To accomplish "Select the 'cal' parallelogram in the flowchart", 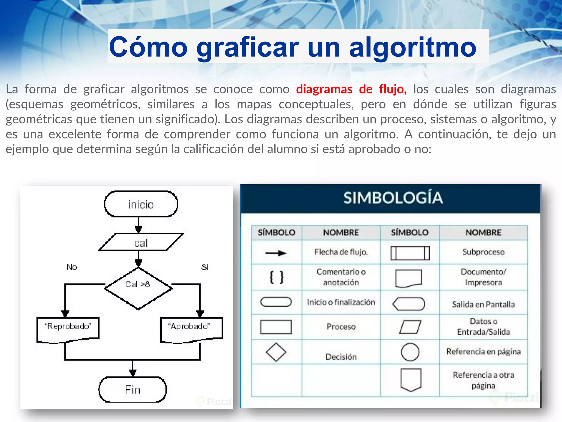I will (x=141, y=243).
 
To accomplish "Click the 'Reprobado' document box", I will (x=68, y=329).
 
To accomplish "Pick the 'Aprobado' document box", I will (x=191, y=329).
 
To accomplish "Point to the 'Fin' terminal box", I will (x=133, y=390).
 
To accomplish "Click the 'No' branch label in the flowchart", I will (x=72, y=267).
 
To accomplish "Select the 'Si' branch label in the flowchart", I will (x=205, y=267).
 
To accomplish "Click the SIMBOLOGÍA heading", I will (x=393, y=198).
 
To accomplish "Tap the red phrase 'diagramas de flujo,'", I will (x=351, y=89).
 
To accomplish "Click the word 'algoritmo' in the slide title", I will (x=413, y=47).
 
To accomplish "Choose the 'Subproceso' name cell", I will (x=483, y=252).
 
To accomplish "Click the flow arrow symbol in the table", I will (x=276, y=253).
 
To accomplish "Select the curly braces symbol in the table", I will (x=276, y=277).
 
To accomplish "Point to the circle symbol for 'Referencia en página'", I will (x=410, y=352).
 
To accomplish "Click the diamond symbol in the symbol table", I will (x=276, y=352).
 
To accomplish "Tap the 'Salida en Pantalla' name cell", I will (x=483, y=304).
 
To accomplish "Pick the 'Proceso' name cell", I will (x=341, y=327).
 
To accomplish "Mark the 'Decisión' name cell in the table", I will (x=341, y=357).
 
